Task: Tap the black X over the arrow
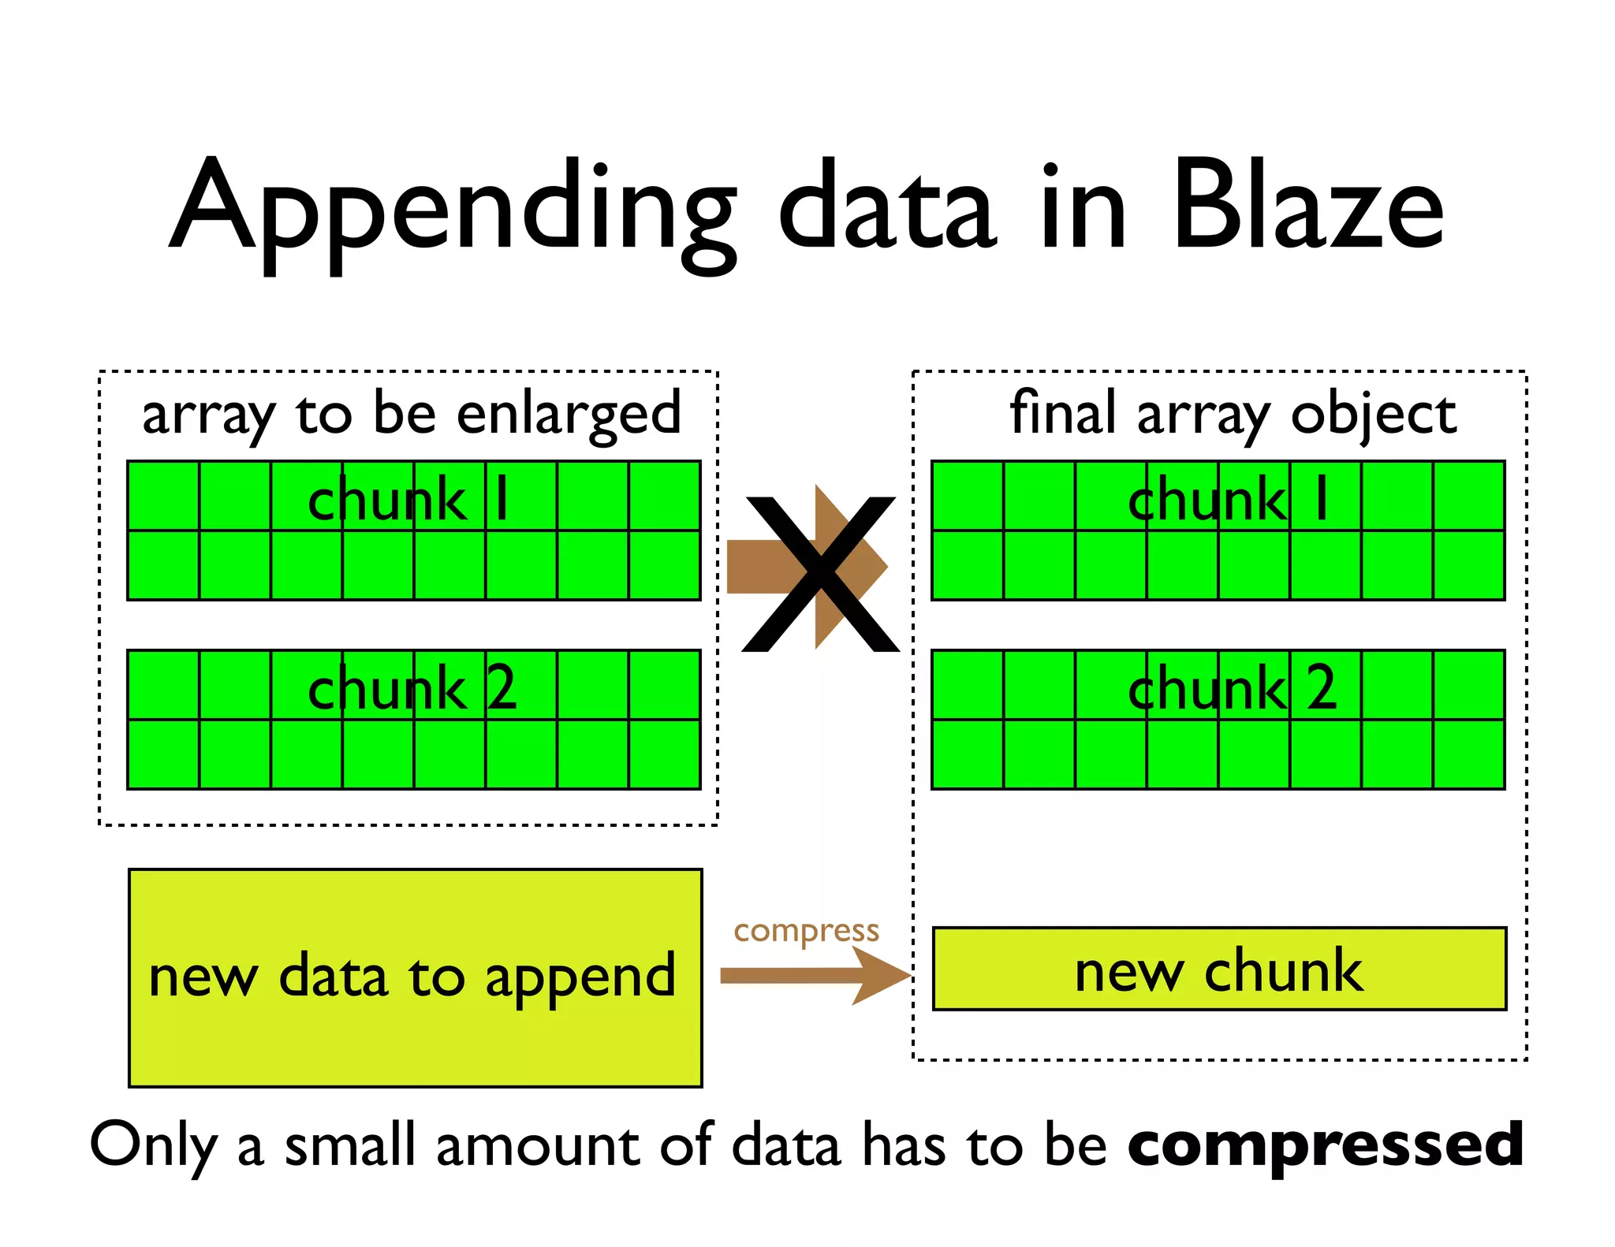click(x=820, y=574)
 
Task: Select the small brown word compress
click(x=806, y=931)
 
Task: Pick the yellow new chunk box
click(x=1219, y=969)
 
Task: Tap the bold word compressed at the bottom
click(x=1326, y=1145)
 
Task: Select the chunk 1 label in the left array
click(x=408, y=501)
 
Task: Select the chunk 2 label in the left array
click(x=412, y=688)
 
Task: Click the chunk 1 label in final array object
click(x=1229, y=501)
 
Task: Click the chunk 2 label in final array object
click(x=1232, y=688)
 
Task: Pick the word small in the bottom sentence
click(x=349, y=1145)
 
